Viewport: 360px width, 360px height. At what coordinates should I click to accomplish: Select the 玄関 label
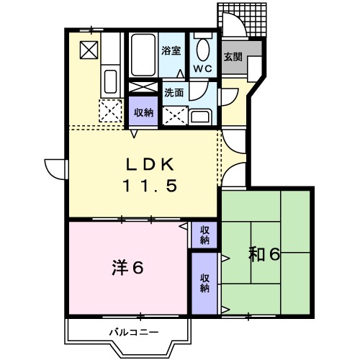pyautogui.click(x=232, y=57)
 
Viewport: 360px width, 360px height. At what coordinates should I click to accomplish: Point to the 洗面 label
pyautogui.click(x=174, y=92)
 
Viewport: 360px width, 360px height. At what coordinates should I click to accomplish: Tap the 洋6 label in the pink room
pyautogui.click(x=128, y=268)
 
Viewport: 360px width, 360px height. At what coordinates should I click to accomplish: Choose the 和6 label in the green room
pyautogui.click(x=264, y=254)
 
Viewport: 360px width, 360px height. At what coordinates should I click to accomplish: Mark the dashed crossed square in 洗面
pyautogui.click(x=174, y=114)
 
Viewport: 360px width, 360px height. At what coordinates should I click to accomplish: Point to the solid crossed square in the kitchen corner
pyautogui.click(x=89, y=50)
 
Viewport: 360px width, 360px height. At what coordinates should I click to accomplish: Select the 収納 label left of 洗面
pyautogui.click(x=143, y=112)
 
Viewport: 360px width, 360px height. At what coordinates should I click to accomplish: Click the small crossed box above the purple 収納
pyautogui.click(x=142, y=88)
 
